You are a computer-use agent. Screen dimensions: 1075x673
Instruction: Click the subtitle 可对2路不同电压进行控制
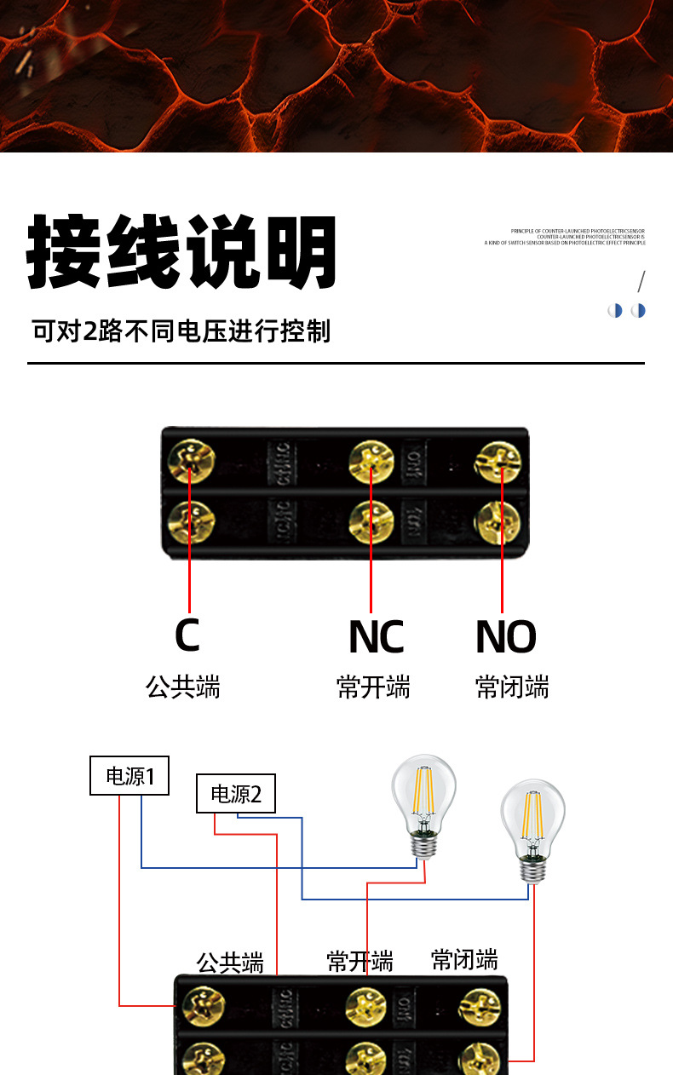[x=181, y=331]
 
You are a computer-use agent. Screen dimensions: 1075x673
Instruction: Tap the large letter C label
[x=187, y=635]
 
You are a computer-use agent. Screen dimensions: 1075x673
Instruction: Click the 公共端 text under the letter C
[x=183, y=687]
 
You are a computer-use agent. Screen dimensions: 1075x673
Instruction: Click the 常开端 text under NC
[x=373, y=687]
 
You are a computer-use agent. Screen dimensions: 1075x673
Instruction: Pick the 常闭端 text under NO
[x=511, y=687]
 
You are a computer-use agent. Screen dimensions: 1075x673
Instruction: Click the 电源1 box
[x=129, y=776]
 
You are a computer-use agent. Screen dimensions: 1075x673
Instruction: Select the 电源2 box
[x=236, y=795]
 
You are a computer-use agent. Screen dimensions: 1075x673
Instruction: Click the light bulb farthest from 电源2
[x=532, y=825]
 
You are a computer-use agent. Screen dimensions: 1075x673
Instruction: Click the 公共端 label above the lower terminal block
[x=230, y=963]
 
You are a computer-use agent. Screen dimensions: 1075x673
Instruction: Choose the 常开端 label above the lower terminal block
[x=360, y=961]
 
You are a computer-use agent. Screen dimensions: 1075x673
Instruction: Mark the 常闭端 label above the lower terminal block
[x=464, y=959]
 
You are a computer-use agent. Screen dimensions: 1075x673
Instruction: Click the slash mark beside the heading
[x=641, y=281]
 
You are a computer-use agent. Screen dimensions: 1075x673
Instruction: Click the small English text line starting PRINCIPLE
[x=578, y=231]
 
